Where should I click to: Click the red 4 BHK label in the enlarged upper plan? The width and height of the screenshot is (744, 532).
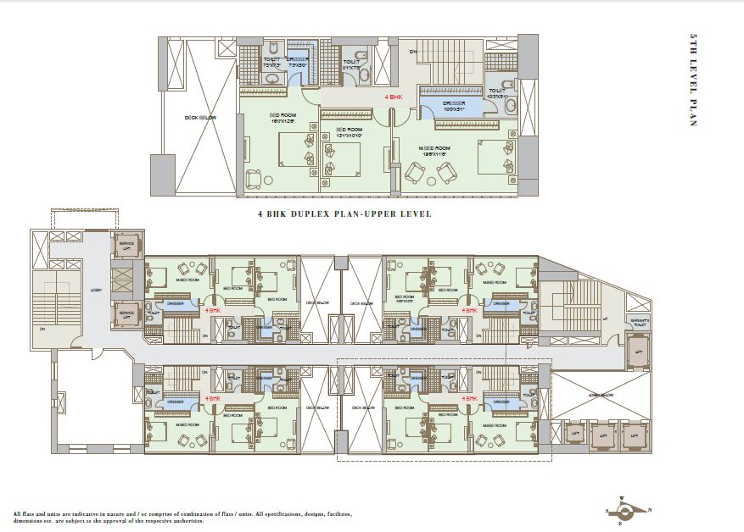(394, 98)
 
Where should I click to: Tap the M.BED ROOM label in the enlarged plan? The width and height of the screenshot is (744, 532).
(434, 149)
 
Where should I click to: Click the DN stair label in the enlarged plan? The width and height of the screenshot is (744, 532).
(413, 52)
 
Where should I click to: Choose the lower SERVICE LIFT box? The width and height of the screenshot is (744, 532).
(126, 313)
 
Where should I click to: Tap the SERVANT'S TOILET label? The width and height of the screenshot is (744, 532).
(639, 322)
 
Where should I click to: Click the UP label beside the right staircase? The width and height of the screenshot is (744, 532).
(605, 319)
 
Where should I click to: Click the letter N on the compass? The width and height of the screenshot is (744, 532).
(649, 510)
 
